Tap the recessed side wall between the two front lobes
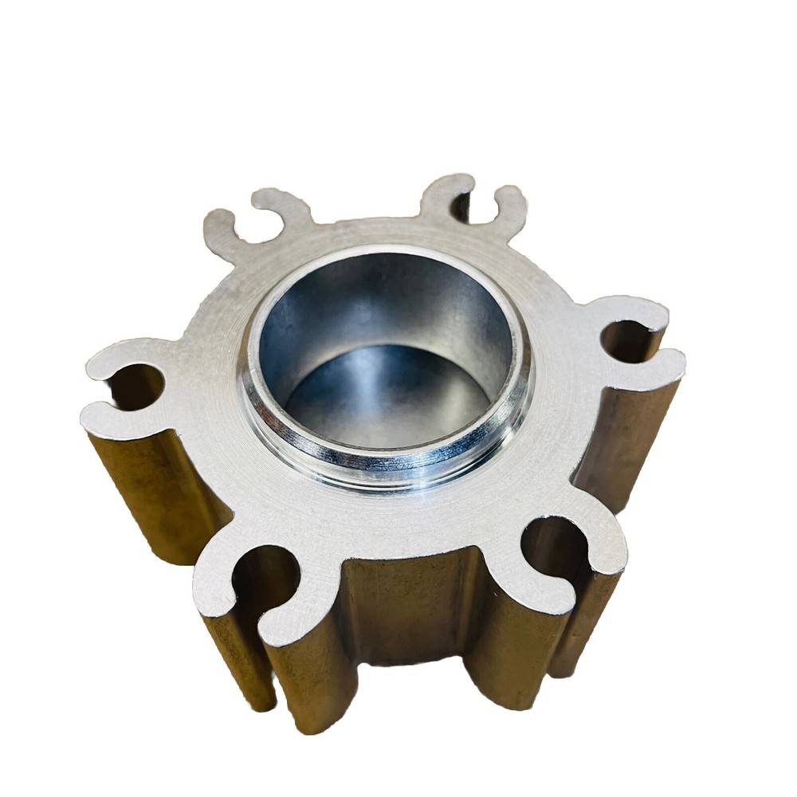point(406,606)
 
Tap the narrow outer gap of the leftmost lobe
point(100,391)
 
